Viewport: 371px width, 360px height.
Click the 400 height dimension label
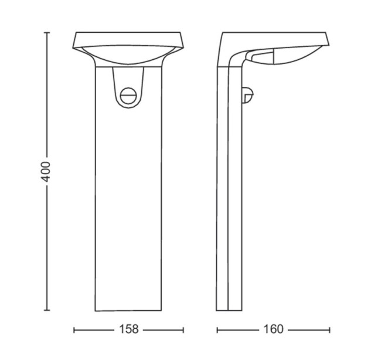click(x=46, y=172)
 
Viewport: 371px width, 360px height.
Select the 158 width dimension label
click(x=129, y=330)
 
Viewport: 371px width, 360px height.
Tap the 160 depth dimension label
click(x=273, y=330)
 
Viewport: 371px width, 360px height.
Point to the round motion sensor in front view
click(x=128, y=96)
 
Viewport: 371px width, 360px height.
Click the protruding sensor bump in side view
click(x=247, y=94)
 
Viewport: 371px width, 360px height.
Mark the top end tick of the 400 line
click(x=47, y=32)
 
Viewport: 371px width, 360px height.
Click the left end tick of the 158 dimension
click(x=74, y=330)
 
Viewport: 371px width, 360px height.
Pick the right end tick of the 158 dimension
click(x=183, y=330)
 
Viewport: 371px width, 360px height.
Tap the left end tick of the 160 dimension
click(x=217, y=330)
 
